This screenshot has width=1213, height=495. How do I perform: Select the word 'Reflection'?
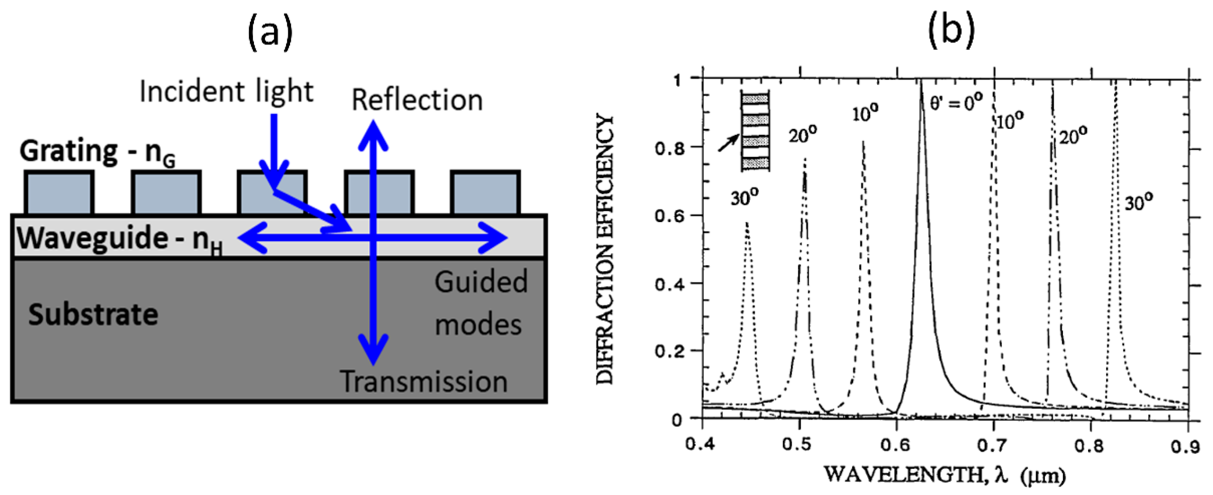pyautogui.click(x=417, y=100)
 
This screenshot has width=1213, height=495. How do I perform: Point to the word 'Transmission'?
pyautogui.click(x=424, y=381)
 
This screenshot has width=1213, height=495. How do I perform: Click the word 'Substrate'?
pyautogui.click(x=93, y=314)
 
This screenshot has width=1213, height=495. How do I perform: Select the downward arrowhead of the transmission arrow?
pyautogui.click(x=373, y=351)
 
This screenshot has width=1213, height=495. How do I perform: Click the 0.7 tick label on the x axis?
pyautogui.click(x=994, y=445)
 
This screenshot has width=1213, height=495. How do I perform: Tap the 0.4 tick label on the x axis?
pyautogui.click(x=702, y=445)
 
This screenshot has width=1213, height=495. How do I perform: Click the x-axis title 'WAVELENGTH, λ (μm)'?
pyautogui.click(x=944, y=475)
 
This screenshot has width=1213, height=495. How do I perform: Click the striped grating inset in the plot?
pyautogui.click(x=755, y=131)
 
